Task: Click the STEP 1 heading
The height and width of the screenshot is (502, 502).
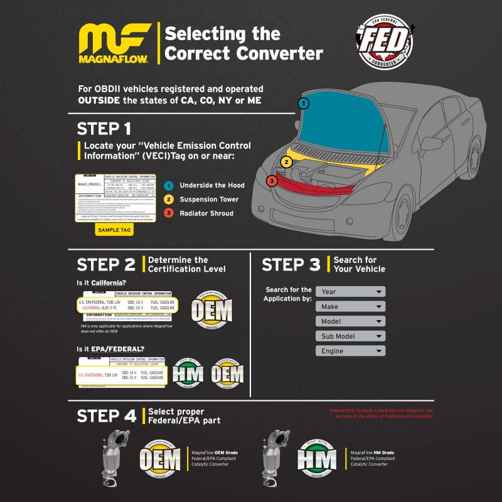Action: (104, 129)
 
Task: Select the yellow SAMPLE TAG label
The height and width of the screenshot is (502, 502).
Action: (115, 230)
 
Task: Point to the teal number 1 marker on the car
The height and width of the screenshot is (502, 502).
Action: (304, 103)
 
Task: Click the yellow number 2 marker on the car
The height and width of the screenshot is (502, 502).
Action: (286, 162)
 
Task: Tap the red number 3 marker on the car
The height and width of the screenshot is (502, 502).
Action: (271, 181)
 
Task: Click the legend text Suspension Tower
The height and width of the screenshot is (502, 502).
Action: (210, 199)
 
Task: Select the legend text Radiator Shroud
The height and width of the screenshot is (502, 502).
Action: (206, 213)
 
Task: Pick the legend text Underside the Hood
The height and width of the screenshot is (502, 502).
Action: (212, 185)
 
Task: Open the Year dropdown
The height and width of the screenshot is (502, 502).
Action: (350, 292)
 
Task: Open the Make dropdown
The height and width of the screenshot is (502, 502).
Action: (350, 307)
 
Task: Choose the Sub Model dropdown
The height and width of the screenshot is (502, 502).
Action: (350, 336)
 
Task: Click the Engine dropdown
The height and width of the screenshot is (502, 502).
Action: (350, 351)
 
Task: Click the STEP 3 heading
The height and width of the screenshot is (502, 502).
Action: (291, 265)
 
